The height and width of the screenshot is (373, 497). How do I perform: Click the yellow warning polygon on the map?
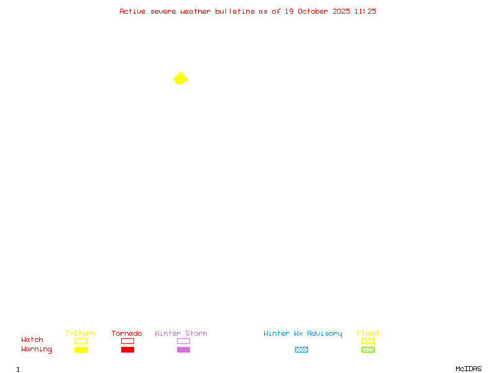click(181, 78)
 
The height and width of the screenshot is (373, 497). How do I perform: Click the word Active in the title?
click(132, 11)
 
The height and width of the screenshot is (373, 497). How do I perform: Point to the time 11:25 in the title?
click(365, 11)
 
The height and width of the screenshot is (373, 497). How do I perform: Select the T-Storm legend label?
click(80, 334)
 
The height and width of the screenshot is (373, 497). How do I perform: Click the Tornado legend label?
click(127, 334)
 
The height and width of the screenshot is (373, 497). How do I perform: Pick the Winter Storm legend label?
click(181, 334)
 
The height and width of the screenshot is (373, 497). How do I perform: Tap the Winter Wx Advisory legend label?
click(303, 334)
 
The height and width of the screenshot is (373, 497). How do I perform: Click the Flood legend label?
click(368, 334)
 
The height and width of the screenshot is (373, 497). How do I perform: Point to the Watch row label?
click(32, 340)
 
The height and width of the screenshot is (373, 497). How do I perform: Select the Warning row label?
click(37, 349)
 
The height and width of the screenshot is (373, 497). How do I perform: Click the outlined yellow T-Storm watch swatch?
click(81, 341)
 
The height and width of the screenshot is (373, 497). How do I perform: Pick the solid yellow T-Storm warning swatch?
click(81, 349)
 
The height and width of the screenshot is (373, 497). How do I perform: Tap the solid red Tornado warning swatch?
click(127, 349)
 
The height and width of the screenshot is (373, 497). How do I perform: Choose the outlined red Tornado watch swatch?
click(127, 341)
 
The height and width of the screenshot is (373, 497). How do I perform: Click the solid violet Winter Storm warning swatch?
click(183, 349)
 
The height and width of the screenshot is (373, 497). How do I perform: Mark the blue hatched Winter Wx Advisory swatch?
click(301, 349)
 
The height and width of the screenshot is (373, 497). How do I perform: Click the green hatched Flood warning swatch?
click(368, 349)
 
